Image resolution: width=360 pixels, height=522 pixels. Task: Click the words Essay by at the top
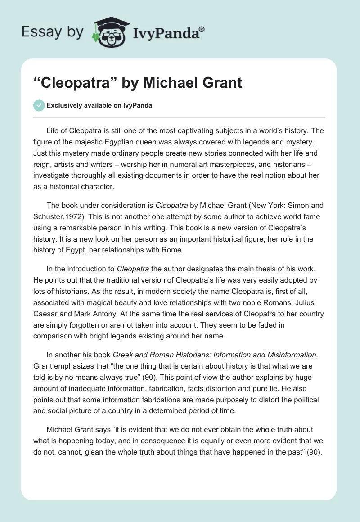point(52,32)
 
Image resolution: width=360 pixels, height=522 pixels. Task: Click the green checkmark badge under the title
point(39,105)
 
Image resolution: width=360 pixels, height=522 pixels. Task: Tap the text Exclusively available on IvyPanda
point(99,105)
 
